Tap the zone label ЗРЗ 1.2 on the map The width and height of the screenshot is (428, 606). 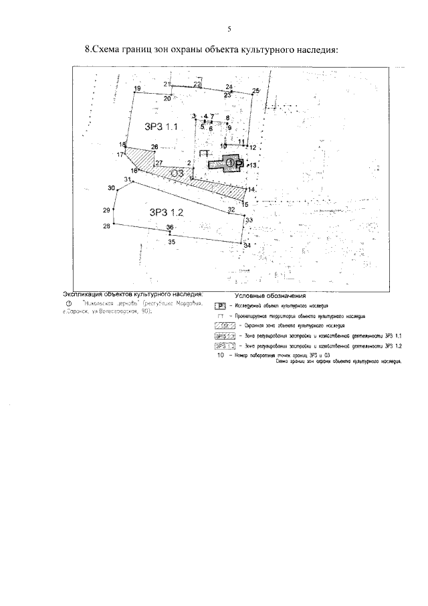tap(166, 212)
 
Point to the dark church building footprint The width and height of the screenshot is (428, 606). tap(228, 163)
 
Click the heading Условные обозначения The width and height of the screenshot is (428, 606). tap(270, 295)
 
